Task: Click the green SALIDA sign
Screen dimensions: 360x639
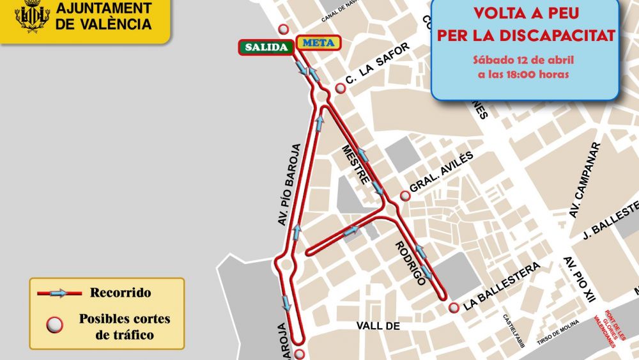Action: coord(266,47)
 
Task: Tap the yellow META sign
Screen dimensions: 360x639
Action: coord(319,43)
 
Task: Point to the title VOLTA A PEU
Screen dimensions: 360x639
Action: coord(525,13)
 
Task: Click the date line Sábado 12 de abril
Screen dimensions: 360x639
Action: coord(524,60)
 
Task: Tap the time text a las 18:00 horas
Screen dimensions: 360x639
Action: coord(524,74)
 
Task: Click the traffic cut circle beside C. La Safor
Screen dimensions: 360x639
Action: coord(341,89)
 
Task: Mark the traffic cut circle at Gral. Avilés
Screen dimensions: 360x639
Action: coord(404,196)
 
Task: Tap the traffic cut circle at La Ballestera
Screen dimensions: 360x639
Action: coord(454,308)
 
